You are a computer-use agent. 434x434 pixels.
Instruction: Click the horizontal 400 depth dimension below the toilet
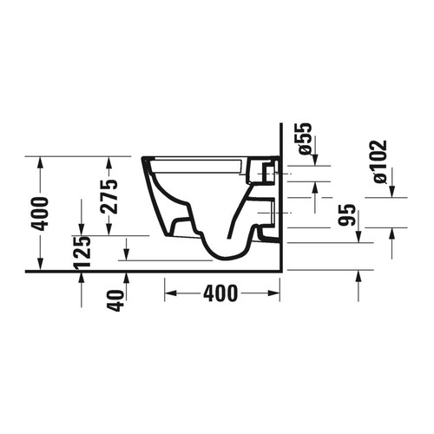pos(220,294)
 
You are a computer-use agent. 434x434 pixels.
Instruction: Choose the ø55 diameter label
pos(304,138)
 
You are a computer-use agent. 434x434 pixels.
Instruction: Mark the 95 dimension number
pos(346,215)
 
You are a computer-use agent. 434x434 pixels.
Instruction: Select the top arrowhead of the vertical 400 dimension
pos(40,161)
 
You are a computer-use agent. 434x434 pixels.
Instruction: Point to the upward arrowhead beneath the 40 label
pos(127,276)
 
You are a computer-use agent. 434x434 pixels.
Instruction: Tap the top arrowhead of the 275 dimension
pos(108,161)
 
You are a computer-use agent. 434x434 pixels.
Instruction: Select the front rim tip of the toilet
pos(141,160)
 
